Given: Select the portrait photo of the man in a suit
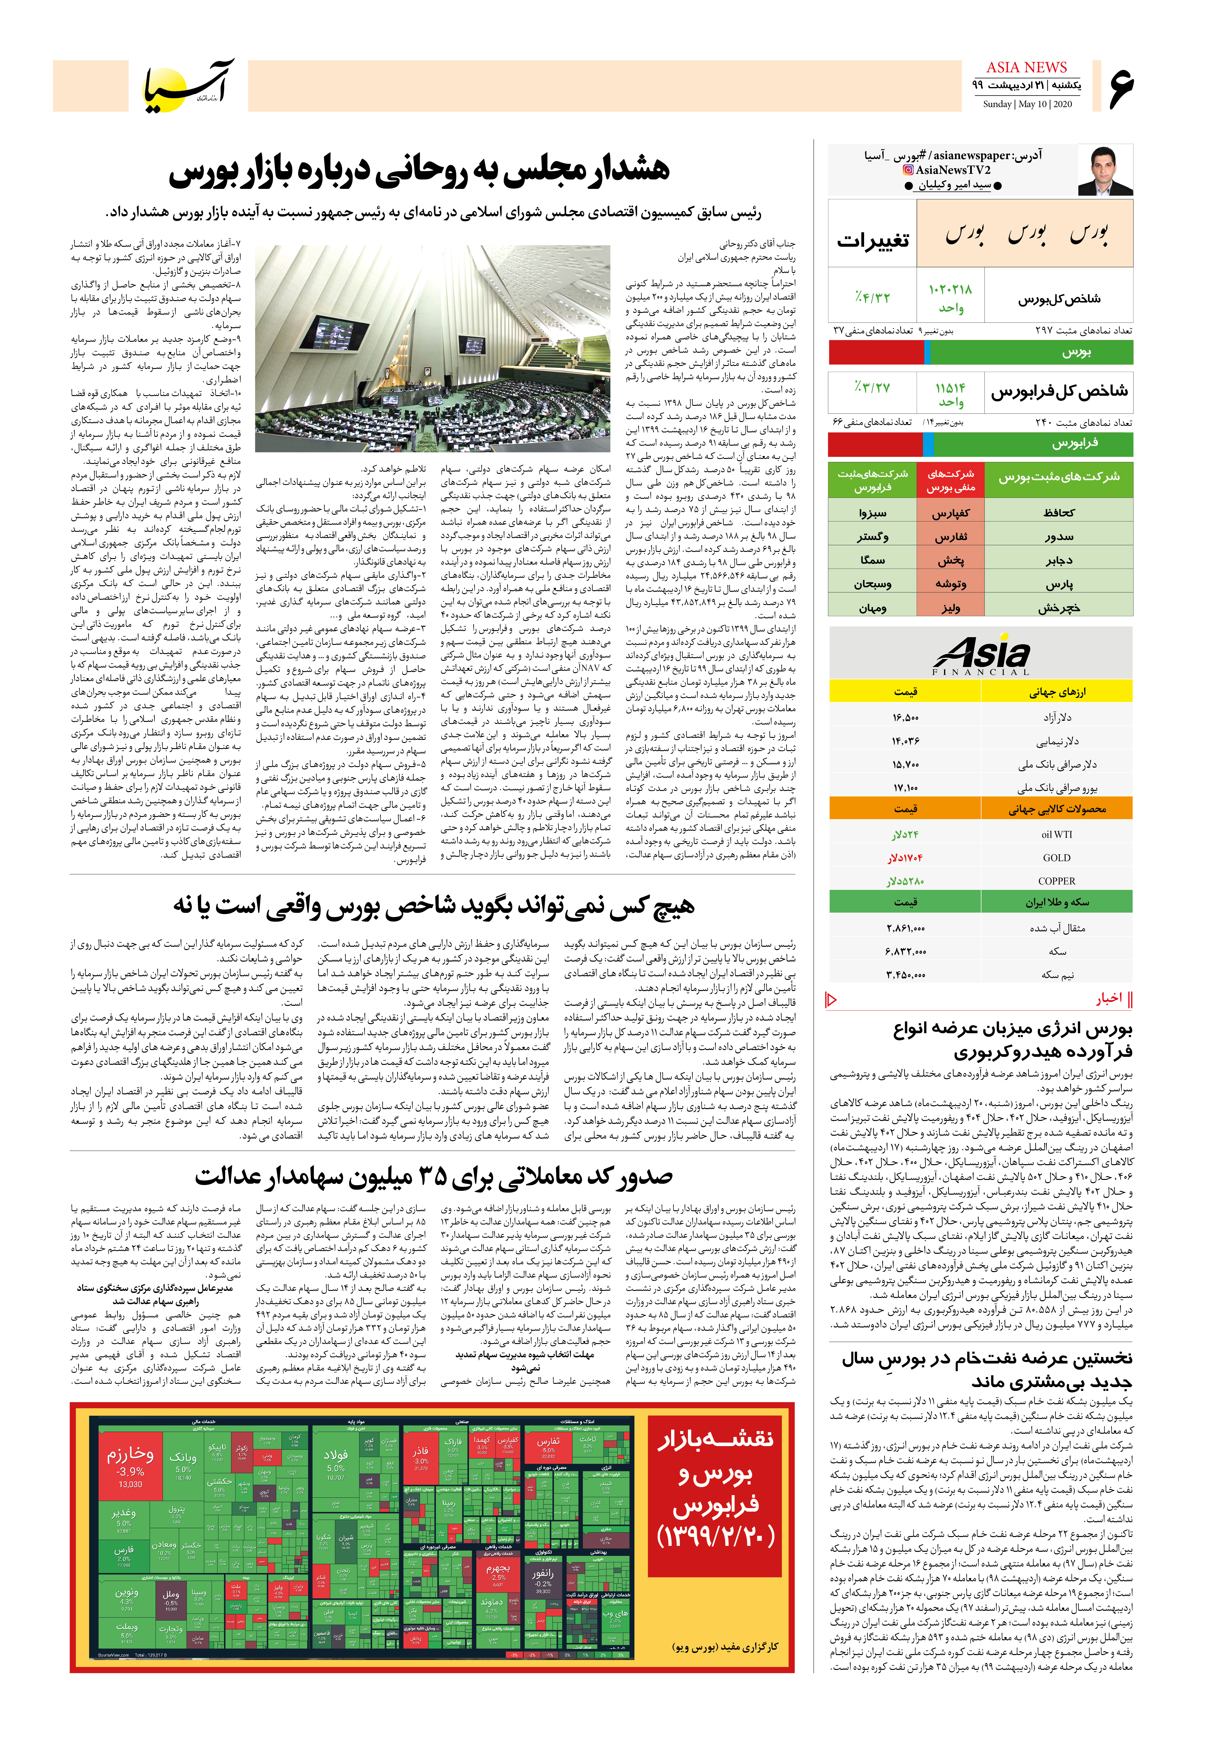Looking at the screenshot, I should click(1105, 171).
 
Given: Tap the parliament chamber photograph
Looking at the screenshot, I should click(433, 349).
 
